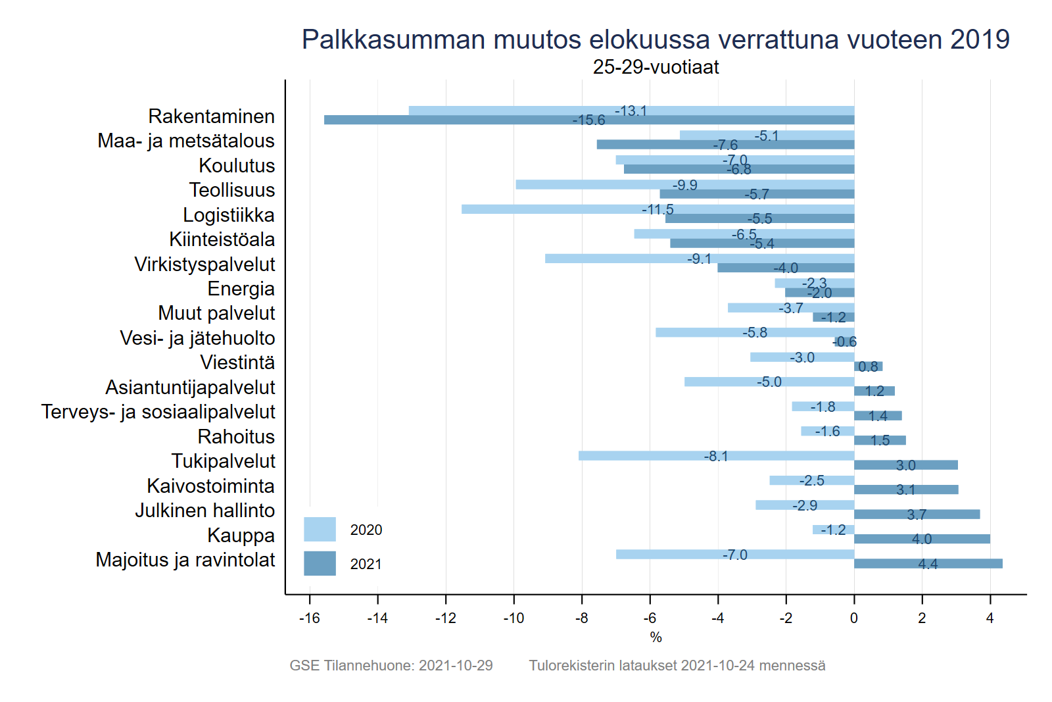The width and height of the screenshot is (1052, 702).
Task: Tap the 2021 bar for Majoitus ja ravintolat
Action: pos(928,564)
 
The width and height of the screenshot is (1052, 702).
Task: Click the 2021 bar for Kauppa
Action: pos(922,539)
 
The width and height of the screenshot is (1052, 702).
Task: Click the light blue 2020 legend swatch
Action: pos(320,529)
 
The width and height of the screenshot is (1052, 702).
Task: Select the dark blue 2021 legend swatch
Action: pos(320,563)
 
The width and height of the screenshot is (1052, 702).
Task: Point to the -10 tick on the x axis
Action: pos(514,618)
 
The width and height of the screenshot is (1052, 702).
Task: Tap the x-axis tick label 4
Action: pos(990,618)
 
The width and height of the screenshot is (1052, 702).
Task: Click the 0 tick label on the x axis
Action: pos(853,618)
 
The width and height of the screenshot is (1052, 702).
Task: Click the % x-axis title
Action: pos(656,637)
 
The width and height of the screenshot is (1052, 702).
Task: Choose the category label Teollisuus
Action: pos(232,190)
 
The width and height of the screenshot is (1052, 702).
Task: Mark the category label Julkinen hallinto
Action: pos(205,511)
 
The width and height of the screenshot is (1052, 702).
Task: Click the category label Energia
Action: pos(241,289)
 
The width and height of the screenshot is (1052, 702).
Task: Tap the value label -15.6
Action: pos(588,120)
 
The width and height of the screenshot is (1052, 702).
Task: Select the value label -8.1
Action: pos(716,456)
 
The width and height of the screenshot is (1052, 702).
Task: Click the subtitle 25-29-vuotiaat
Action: pos(656,67)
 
